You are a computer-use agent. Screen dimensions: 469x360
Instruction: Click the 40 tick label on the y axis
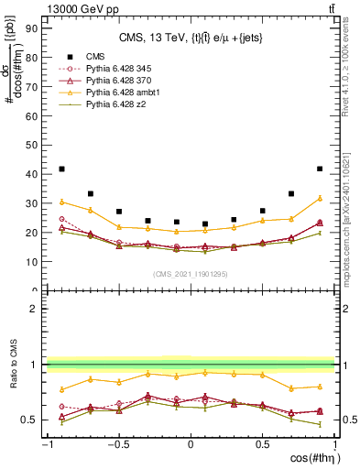pos(33,173)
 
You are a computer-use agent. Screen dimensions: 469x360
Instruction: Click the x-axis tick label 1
pos(333,444)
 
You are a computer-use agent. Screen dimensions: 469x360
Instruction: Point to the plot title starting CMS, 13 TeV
pos(191,38)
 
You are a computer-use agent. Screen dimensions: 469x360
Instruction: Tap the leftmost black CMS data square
pos(61,169)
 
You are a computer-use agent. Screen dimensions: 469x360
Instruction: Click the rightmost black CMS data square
pos(319,169)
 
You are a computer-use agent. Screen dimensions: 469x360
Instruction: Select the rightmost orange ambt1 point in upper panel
pos(319,198)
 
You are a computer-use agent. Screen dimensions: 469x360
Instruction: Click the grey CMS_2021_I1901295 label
pos(190,274)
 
